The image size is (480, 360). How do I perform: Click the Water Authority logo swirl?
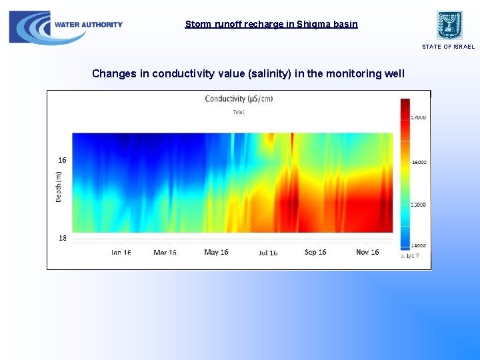coord(30,27)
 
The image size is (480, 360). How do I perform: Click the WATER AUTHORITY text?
coord(89,25)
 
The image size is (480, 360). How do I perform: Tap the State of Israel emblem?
coord(449,25)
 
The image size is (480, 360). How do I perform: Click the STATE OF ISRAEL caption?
coord(448,47)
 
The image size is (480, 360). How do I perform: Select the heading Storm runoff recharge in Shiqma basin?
coord(271,24)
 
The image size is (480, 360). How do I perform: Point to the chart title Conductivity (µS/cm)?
coord(239,99)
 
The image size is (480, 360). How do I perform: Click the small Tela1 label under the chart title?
coord(239,112)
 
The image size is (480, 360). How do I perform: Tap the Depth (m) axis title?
coord(59,187)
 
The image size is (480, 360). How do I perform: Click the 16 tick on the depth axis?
coord(62,160)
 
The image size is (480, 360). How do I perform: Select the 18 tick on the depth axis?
coord(62,238)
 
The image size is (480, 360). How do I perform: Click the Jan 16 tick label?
coord(121,253)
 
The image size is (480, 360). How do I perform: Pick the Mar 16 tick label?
coord(165,253)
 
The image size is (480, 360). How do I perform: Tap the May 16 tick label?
coord(216,252)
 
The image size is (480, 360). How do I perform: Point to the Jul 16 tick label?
coord(268,253)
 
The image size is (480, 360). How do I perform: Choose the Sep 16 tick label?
coord(315,252)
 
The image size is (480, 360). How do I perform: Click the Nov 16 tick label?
coord(367,252)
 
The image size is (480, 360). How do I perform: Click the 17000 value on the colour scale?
coord(419,117)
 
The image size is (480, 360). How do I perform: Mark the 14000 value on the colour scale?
coord(419,245)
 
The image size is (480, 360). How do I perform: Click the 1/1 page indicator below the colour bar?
coord(409,256)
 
